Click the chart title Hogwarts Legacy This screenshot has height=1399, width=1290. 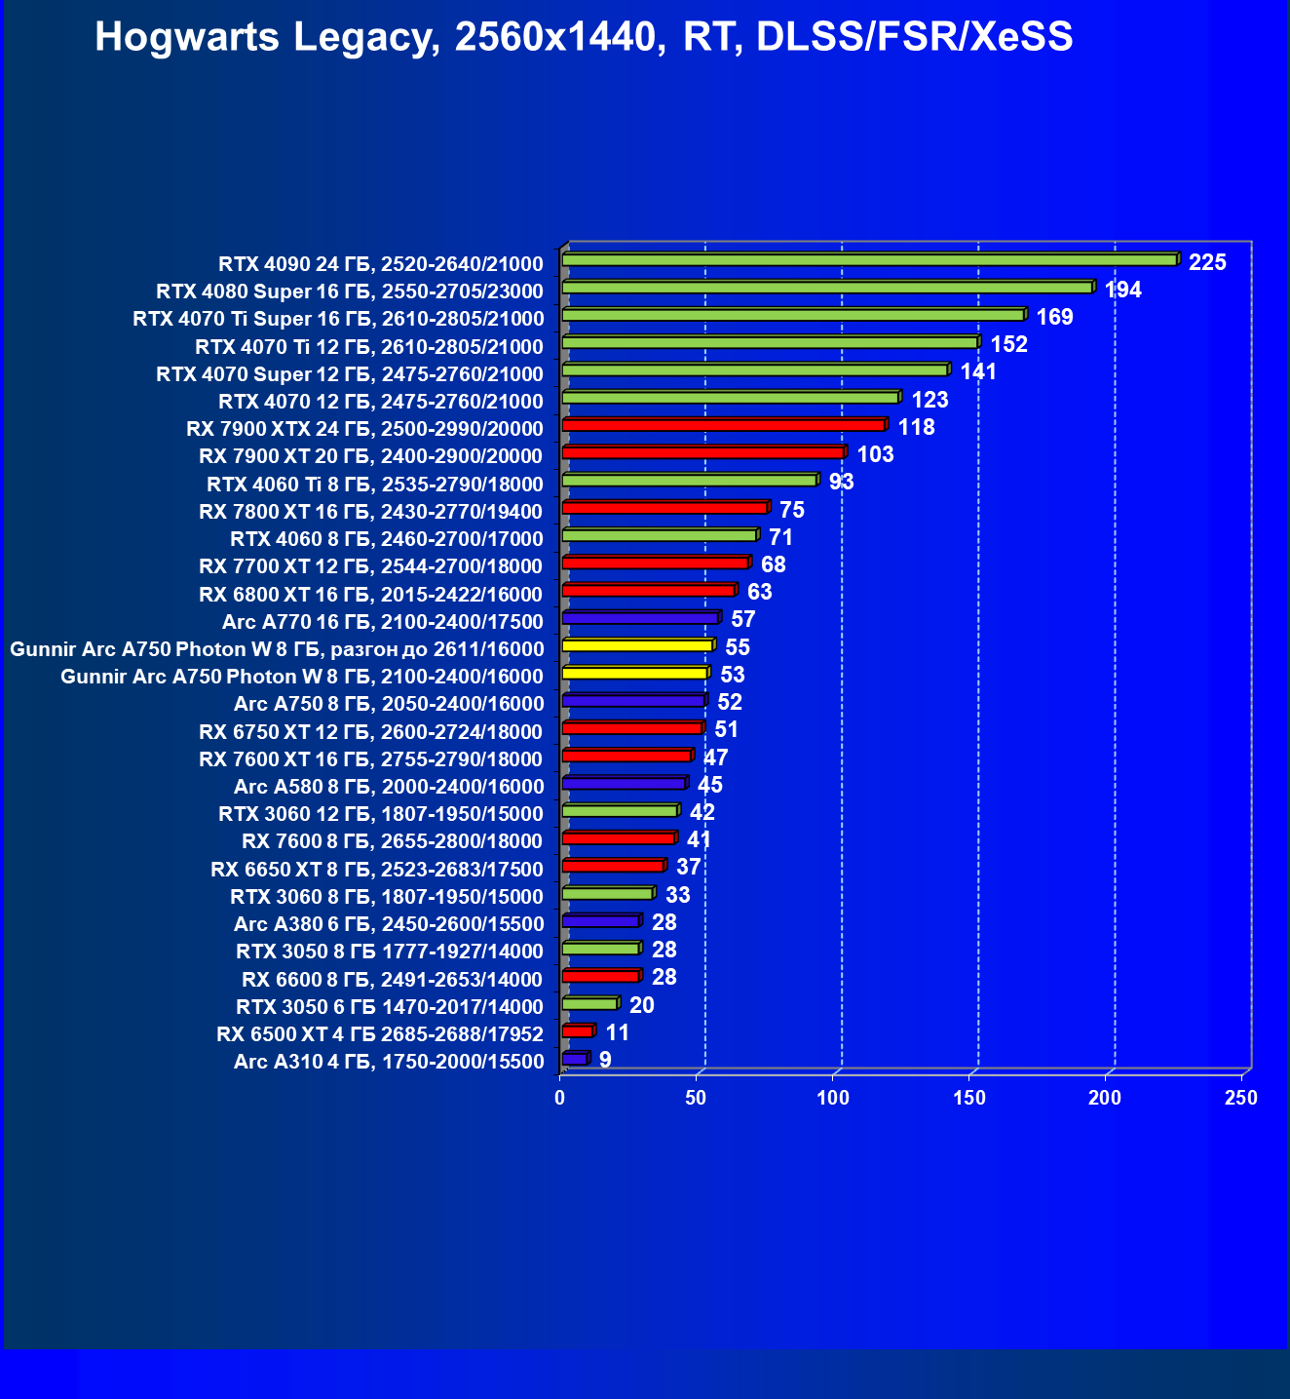pos(584,37)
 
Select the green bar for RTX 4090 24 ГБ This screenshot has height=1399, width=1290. pos(869,260)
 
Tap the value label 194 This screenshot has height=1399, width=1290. pos(1122,290)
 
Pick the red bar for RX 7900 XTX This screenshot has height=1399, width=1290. pos(723,425)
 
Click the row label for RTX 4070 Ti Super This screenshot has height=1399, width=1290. pos(338,319)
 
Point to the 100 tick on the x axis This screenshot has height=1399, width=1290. pos(833,1098)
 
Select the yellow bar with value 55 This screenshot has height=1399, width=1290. pos(637,645)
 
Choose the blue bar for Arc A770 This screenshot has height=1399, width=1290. pos(640,618)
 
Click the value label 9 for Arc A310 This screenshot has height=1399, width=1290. pos(605,1060)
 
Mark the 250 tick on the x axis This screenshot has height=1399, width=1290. pos(1241,1098)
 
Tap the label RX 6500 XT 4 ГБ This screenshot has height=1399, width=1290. pos(380,1034)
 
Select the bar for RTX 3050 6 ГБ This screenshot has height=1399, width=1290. pos(589,1004)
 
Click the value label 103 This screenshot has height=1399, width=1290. pos(875,454)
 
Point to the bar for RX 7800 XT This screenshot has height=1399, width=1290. pos(664,508)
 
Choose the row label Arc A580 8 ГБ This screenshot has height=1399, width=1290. pos(389,787)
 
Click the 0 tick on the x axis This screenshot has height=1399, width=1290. pos(560,1098)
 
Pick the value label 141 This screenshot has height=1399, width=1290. pos(978,372)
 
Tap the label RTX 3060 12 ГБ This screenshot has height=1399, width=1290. pos(381,814)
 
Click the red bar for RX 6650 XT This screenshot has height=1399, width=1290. pos(613,866)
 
